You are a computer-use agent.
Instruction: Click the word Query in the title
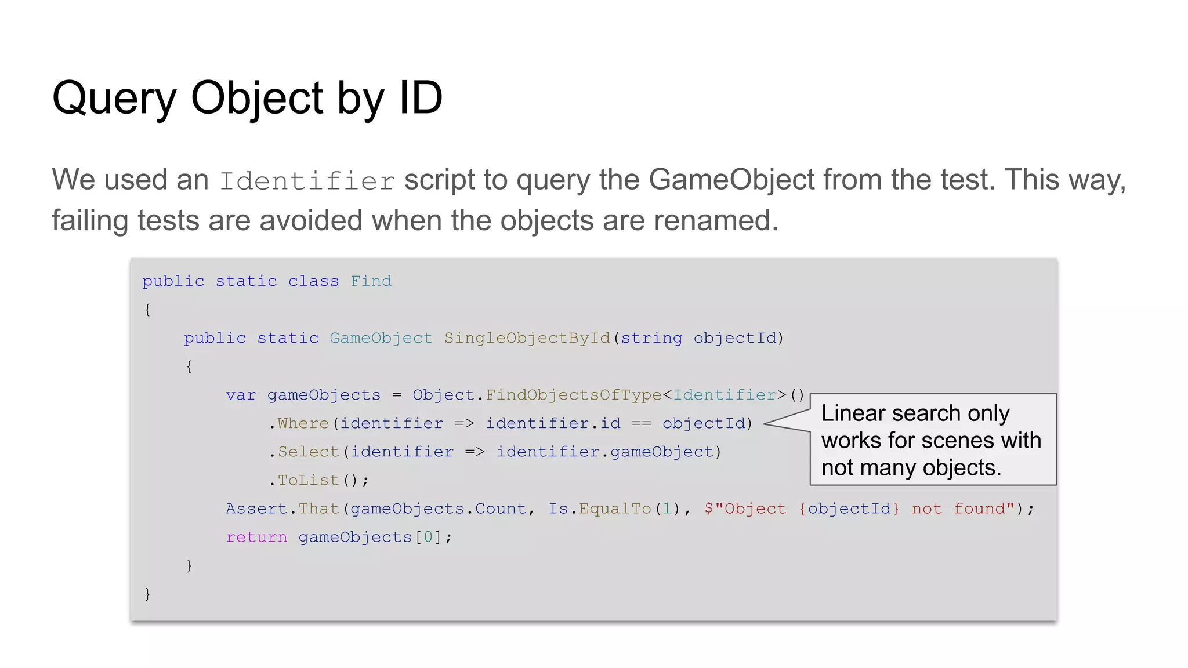click(114, 99)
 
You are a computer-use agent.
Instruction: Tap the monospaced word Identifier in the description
click(307, 181)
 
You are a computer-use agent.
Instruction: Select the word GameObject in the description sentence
click(731, 180)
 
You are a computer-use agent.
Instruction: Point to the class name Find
click(371, 281)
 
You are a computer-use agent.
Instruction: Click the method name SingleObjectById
click(527, 338)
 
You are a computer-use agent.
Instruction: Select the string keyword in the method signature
click(651, 338)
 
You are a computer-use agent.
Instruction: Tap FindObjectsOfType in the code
click(573, 395)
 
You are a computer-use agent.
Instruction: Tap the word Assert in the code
click(256, 509)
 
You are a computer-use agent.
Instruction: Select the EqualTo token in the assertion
click(615, 509)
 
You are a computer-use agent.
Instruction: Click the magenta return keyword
click(256, 537)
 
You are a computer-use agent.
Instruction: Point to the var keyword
click(241, 395)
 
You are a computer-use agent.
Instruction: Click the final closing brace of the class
click(147, 594)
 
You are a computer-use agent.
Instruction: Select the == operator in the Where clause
click(641, 423)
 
